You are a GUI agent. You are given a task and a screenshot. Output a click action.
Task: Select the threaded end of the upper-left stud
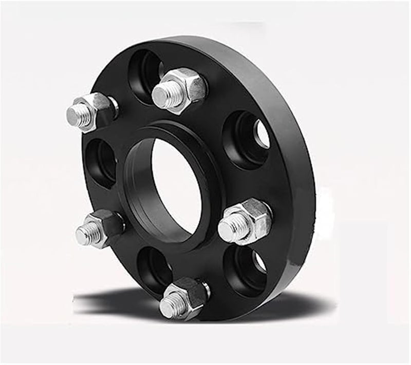tap(77, 116)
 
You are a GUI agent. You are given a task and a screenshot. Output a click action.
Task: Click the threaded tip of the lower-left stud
tap(85, 235)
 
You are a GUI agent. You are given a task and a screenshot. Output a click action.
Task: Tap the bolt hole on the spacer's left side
tap(101, 162)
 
